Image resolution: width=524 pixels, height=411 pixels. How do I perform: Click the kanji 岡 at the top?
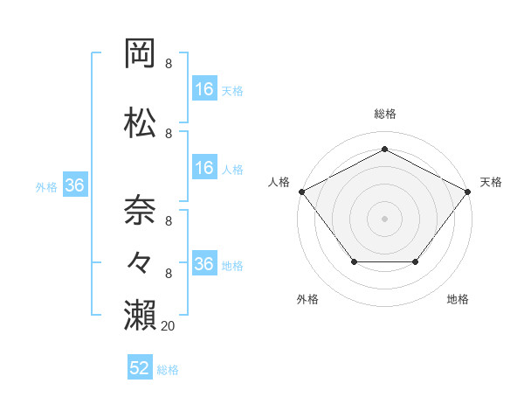coord(141,54)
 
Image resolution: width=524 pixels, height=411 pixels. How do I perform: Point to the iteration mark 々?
coord(141,260)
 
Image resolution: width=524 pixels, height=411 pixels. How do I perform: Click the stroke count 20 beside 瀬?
coord(169,325)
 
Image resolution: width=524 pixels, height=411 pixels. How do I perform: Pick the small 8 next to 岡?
coord(169,64)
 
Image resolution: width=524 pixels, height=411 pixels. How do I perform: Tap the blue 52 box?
coord(140,368)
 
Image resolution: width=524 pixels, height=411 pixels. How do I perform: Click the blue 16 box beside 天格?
coord(204,89)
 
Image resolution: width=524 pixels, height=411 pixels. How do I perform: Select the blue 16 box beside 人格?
coord(204,169)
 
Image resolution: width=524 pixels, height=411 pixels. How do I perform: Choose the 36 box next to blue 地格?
coord(204,264)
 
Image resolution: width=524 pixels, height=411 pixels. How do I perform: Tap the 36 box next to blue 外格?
coord(75,185)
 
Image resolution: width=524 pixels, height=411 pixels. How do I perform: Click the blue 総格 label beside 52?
coord(168,370)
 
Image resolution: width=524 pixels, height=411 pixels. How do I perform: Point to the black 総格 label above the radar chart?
coord(384,114)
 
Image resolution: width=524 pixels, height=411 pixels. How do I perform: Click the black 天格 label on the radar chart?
coord(491,182)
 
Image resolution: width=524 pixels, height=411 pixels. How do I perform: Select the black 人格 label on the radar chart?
coord(279,182)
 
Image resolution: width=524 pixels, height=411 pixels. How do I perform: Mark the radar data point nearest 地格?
coord(416,261)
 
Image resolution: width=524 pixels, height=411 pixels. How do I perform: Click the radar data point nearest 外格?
coord(354,261)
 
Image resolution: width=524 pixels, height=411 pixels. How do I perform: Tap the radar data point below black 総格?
coord(384,150)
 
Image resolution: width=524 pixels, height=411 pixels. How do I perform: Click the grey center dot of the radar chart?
coord(384,218)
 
